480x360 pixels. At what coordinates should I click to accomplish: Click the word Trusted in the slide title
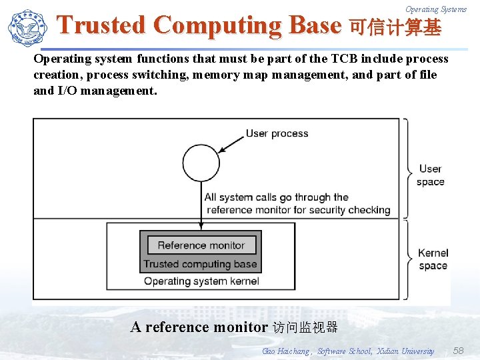tap(101, 25)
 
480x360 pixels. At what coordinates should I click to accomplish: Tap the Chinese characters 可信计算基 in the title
tap(395, 27)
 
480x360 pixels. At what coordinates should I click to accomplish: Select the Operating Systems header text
tap(436, 9)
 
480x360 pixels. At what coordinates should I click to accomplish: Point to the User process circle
tap(201, 163)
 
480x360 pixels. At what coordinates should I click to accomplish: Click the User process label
tap(277, 133)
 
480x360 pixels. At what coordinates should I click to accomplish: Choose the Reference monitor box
tap(201, 245)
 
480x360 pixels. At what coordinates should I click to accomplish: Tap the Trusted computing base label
tap(201, 264)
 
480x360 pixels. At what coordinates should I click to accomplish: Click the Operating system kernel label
tap(201, 281)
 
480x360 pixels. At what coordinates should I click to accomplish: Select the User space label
tap(430, 175)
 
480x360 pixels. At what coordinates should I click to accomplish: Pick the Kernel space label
tap(433, 259)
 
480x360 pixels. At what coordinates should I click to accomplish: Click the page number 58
tap(458, 351)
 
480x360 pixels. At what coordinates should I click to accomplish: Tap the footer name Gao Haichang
tap(286, 351)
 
